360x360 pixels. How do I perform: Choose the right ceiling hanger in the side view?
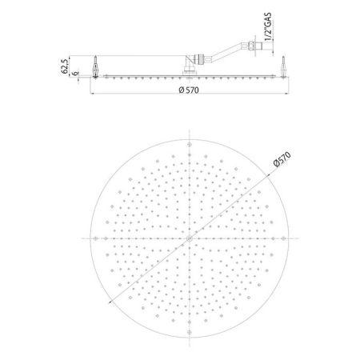[282, 67]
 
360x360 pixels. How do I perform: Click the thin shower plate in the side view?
[144, 76]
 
